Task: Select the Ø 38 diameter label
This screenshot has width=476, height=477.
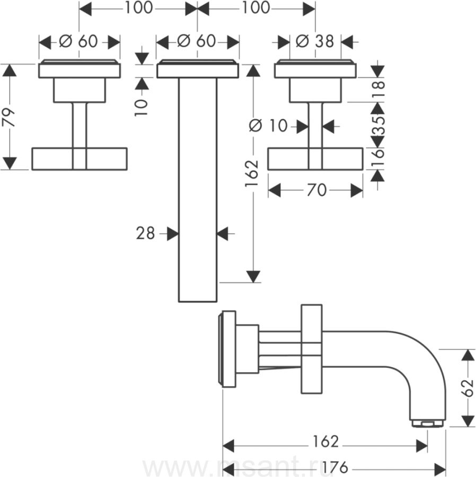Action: coord(315,41)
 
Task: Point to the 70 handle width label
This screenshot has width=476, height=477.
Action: coord(316,190)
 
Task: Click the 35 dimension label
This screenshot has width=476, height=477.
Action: coord(377,126)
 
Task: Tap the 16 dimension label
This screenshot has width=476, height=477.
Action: coord(377,158)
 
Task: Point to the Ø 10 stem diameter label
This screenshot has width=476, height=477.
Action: coord(269,126)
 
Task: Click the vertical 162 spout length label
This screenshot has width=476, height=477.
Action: coord(253,173)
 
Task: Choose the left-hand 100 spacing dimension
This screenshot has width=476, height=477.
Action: coord(138,8)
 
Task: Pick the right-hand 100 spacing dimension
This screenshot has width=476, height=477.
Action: coord(256,8)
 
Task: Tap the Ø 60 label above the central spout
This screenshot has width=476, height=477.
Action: coord(197,41)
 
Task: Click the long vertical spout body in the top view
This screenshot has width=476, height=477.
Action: coord(198,191)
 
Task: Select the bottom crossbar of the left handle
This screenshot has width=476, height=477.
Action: coord(80,158)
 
